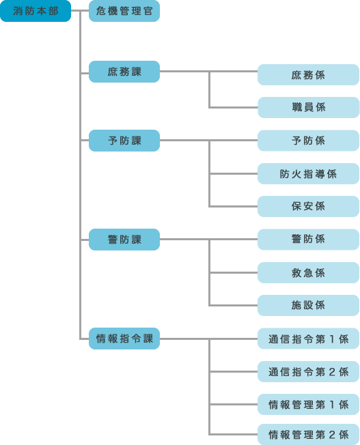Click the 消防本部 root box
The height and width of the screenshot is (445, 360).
click(x=36, y=11)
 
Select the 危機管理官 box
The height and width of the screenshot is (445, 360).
click(x=124, y=11)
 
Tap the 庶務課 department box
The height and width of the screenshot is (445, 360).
click(x=124, y=72)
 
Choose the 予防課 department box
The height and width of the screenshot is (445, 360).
click(x=124, y=141)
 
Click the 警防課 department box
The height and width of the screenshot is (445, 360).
click(x=124, y=240)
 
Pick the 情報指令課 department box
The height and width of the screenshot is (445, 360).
click(x=124, y=339)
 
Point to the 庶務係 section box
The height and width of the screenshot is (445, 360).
click(x=308, y=74)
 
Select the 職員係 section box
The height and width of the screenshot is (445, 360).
click(x=309, y=107)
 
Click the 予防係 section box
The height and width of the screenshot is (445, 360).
click(x=308, y=141)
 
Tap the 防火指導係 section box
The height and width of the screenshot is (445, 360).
click(x=308, y=173)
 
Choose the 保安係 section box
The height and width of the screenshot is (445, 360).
click(x=308, y=206)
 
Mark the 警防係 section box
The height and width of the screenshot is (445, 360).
click(x=308, y=240)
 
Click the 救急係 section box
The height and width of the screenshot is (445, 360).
click(x=308, y=273)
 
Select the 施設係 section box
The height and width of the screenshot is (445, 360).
click(x=308, y=305)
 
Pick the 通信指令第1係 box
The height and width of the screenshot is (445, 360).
click(x=308, y=339)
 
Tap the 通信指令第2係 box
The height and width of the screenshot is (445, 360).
click(x=308, y=371)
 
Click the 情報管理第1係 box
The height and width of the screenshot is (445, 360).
click(x=308, y=405)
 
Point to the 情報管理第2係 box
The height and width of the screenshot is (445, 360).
click(x=308, y=434)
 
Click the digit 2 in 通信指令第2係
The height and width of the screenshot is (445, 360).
click(x=332, y=372)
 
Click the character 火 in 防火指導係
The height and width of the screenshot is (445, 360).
click(x=296, y=174)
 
